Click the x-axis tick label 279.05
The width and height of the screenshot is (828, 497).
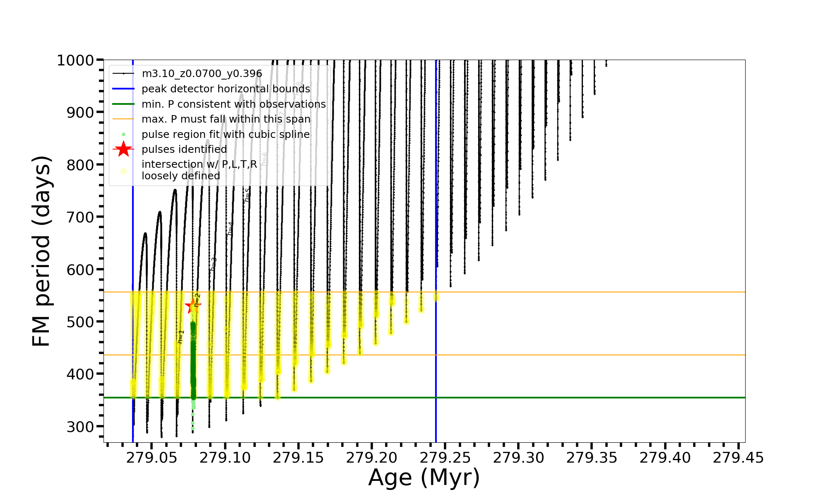coord(152,458)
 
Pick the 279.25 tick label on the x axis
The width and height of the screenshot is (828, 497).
coord(445,458)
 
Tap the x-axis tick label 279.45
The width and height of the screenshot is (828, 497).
coord(738,458)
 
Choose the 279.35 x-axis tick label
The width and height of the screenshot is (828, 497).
coord(592,458)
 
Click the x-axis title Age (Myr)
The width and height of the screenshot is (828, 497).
coord(424,478)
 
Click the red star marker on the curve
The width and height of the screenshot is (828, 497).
coord(193,306)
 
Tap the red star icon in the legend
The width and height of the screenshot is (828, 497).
coord(123,149)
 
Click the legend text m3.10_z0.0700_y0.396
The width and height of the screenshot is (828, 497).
coord(202,74)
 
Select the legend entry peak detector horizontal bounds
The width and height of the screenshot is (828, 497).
coord(226,89)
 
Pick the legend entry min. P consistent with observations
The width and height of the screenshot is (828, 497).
coord(233,104)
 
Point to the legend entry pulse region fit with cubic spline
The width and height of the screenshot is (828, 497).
coord(225,134)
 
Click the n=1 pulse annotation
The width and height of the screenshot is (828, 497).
coord(181,337)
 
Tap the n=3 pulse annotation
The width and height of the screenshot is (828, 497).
coord(213,264)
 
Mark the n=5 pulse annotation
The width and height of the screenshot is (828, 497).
coord(247,195)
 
